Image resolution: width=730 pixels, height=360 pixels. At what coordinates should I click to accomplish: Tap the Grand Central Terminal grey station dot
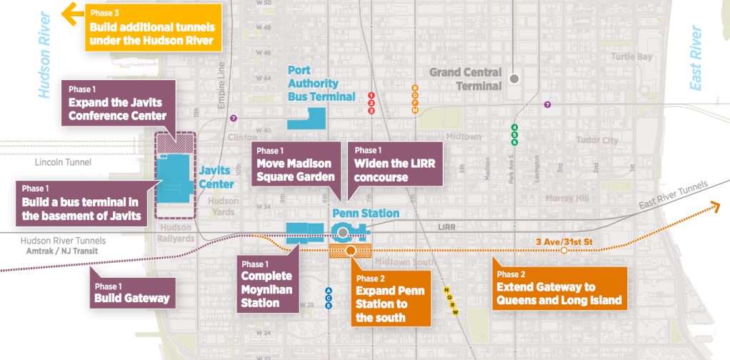click(x=514, y=79)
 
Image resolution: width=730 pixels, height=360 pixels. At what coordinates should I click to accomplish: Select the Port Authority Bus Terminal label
click(x=321, y=83)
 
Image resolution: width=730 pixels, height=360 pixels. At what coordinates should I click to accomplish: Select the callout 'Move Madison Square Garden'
click(x=296, y=165)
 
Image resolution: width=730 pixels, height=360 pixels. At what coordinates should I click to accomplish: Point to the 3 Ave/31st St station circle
click(x=564, y=251)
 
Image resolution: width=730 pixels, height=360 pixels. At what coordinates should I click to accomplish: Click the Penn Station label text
click(x=366, y=213)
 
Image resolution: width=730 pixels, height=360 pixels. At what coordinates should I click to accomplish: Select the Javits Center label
click(x=214, y=176)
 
